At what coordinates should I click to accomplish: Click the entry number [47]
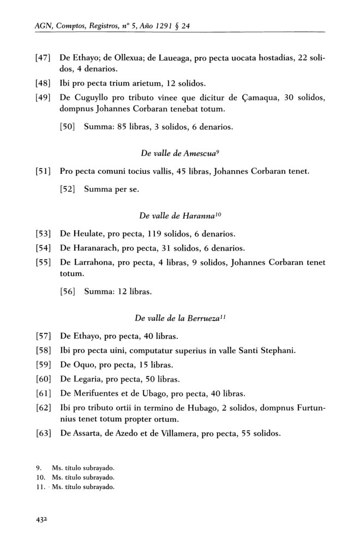click(x=43, y=58)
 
